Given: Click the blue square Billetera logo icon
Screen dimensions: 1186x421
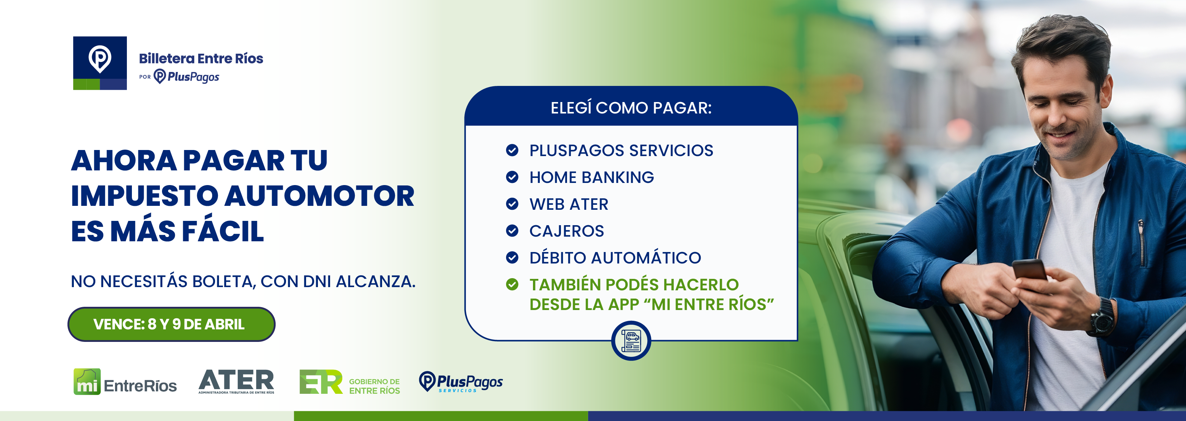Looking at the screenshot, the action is coord(100,63).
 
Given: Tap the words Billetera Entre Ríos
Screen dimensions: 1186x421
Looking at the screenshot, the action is coord(201,58).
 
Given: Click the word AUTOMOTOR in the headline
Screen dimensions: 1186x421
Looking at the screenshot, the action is coord(320,196).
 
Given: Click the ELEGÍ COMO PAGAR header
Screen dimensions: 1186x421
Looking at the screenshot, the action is coord(631,108).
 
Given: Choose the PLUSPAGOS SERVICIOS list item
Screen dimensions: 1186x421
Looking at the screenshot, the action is coord(621,150).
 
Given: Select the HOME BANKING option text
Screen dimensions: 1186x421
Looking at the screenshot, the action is coord(592,177).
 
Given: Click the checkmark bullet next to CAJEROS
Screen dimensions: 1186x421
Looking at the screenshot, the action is coord(512,231).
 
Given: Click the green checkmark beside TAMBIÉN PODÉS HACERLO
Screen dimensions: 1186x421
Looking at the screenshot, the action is coord(512,284).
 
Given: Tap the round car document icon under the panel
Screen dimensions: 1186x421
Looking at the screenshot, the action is coord(631,341).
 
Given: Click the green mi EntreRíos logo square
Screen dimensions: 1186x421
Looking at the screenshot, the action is coord(87,381).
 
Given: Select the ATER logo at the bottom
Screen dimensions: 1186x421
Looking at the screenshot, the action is coord(236,381).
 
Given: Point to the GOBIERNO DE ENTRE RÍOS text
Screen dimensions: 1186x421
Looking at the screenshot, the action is coord(374,386).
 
